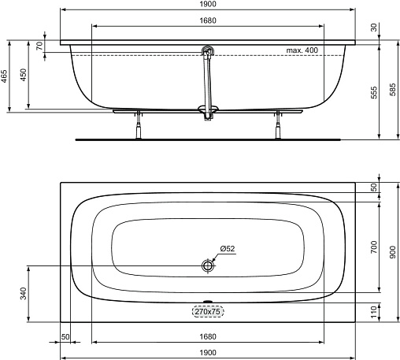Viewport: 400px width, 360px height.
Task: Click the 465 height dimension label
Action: click(4, 76)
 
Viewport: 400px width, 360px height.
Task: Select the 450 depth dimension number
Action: click(24, 75)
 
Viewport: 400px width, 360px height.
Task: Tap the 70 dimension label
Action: click(39, 46)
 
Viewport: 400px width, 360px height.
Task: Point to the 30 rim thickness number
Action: click(374, 28)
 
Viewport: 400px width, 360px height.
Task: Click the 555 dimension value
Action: click(374, 92)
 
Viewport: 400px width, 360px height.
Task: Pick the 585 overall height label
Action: click(392, 90)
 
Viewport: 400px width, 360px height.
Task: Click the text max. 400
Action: click(302, 50)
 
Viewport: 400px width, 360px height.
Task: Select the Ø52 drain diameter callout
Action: click(228, 248)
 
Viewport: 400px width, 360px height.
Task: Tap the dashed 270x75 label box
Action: click(208, 312)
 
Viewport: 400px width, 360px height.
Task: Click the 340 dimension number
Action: click(24, 293)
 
